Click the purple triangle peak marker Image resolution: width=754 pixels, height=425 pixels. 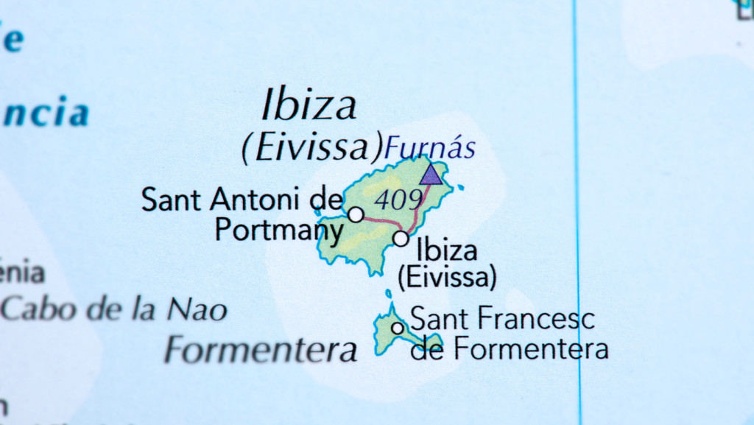(431, 175)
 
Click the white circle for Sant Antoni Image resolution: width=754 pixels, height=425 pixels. (356, 214)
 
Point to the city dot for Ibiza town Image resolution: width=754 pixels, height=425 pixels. (401, 239)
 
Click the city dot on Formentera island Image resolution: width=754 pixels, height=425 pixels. (398, 328)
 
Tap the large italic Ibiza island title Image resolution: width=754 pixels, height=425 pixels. (309, 106)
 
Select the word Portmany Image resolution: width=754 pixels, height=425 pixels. (279, 230)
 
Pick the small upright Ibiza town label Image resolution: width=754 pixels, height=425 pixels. (447, 250)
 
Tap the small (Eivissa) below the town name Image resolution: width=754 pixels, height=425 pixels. (447, 277)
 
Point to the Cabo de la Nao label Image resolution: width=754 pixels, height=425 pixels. (114, 308)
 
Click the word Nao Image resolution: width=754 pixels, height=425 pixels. (197, 309)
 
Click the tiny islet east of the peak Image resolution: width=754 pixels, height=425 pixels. (460, 188)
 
